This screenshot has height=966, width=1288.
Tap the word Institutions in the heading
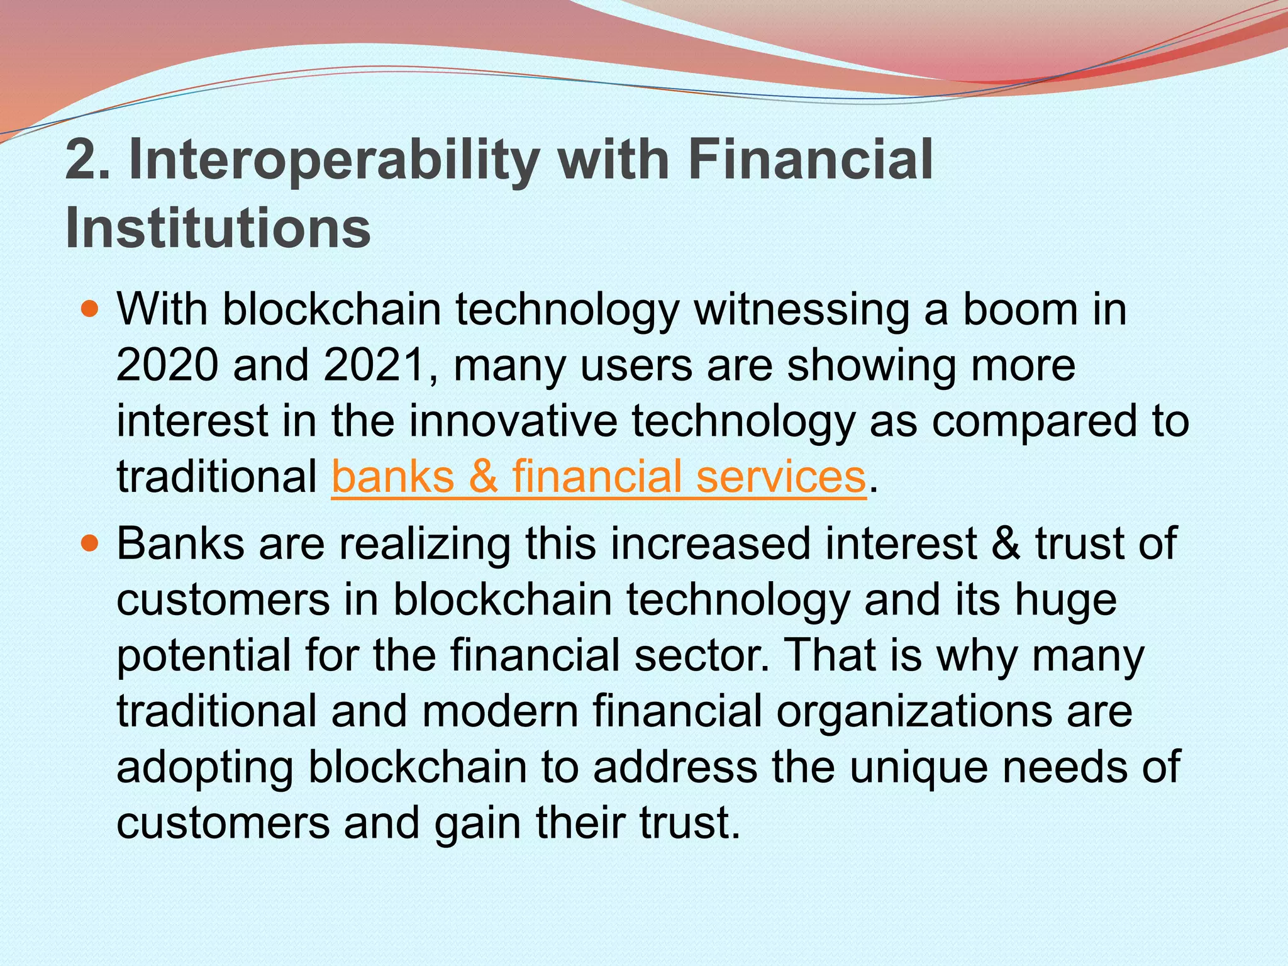(218, 228)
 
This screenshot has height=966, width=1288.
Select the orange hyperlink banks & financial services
(599, 477)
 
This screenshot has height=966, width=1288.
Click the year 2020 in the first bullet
(167, 365)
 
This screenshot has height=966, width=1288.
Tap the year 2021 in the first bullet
(375, 365)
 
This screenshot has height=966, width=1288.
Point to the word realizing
(425, 545)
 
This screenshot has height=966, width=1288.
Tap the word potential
(204, 656)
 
